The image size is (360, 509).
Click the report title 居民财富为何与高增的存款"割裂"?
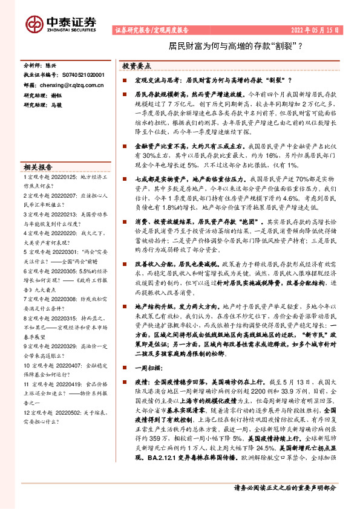pos(235,45)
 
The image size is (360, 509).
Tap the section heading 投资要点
pos(137,65)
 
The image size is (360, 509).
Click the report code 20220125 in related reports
pos(65,177)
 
